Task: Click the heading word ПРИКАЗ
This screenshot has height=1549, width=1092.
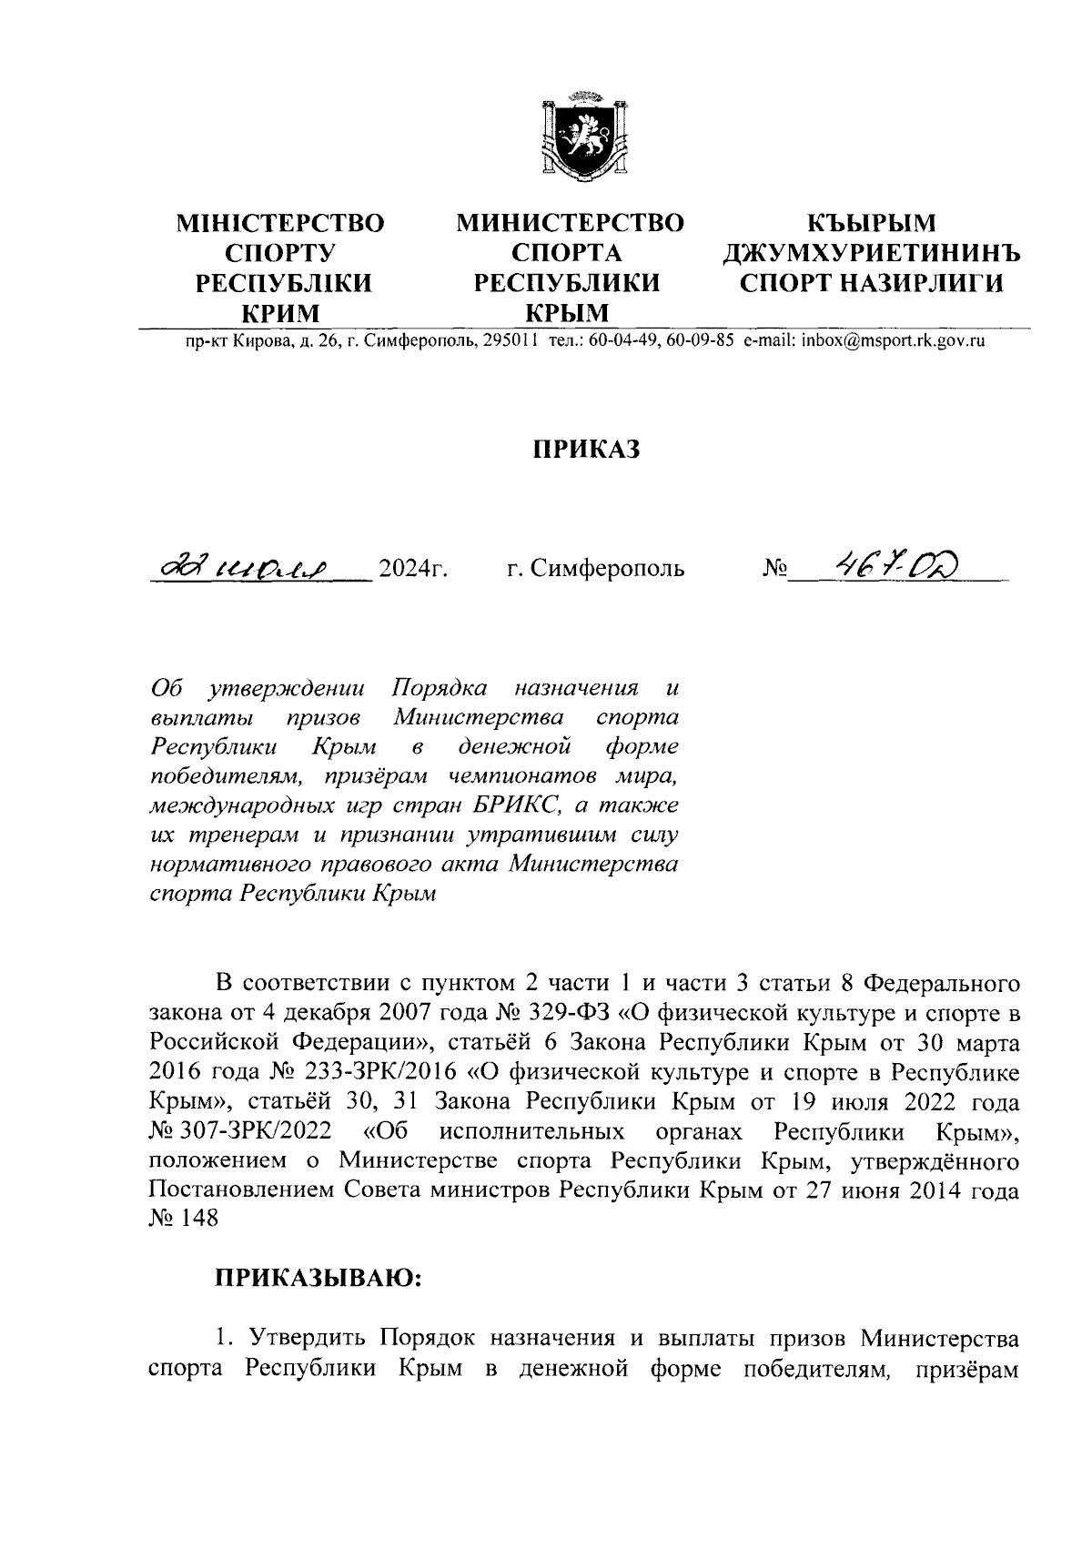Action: (x=587, y=450)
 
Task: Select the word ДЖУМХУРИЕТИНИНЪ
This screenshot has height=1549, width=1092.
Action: (x=871, y=253)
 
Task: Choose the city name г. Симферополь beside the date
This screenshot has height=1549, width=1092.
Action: (x=595, y=571)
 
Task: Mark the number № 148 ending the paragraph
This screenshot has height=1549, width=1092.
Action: (x=184, y=1220)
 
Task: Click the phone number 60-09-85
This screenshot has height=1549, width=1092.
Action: (x=699, y=342)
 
